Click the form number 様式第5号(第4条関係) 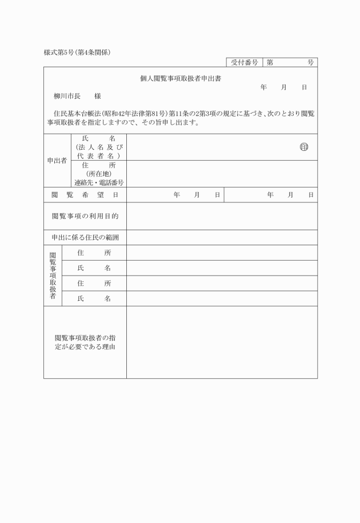77,52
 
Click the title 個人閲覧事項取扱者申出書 181,79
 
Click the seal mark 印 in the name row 303,147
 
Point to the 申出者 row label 57,161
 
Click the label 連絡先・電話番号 99,183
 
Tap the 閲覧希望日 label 85,195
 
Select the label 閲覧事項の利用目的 85,216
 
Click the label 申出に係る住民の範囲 85,237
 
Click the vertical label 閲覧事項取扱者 53,276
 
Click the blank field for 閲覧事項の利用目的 222,216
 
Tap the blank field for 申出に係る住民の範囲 222,237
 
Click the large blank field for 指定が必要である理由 222,342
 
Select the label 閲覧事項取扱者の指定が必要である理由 85,342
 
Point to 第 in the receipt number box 269,62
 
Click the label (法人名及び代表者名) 99,151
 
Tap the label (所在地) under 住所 99,174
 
